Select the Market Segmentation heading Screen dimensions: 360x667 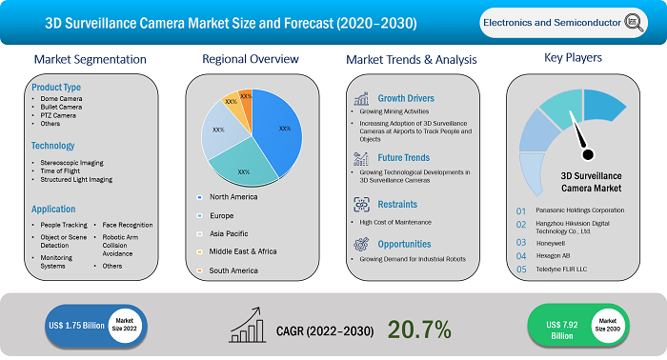[x=90, y=59]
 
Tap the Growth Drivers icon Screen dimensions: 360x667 [x=361, y=97]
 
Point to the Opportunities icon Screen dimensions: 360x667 [x=361, y=244]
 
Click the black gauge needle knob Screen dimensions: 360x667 [x=587, y=154]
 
